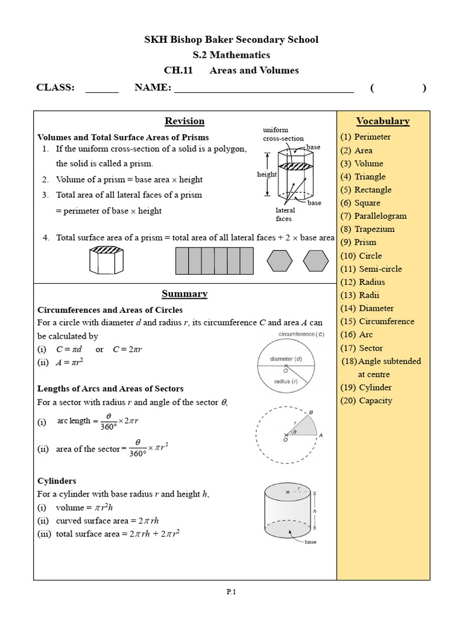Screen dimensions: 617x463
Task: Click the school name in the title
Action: pos(231,40)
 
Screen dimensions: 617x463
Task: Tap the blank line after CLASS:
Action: pos(102,89)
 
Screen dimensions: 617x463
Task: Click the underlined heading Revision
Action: pos(184,121)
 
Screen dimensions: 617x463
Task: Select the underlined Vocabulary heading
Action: pos(383,121)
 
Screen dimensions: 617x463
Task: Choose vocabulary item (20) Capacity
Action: pos(367,401)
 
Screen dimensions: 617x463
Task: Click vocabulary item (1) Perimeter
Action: pos(366,137)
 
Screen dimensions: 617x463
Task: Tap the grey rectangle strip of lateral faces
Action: pos(214,261)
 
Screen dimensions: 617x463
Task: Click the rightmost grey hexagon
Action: pos(315,261)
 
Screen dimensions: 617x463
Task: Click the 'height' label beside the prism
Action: pos(266,175)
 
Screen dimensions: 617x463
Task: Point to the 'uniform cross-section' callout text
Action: pos(276,134)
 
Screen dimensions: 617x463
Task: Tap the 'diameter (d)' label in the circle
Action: pos(286,359)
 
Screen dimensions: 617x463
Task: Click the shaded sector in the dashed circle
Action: pos(303,427)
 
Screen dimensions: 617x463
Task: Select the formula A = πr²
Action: pos(69,362)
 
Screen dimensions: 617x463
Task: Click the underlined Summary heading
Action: pos(184,294)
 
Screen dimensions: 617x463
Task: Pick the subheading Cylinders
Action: pos(57,481)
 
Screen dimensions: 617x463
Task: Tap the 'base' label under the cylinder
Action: pos(310,542)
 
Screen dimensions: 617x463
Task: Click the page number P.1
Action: pos(231,592)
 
